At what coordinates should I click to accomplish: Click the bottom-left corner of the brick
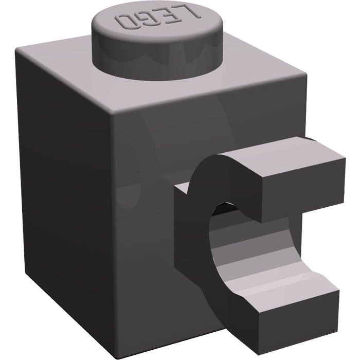click(26, 267)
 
